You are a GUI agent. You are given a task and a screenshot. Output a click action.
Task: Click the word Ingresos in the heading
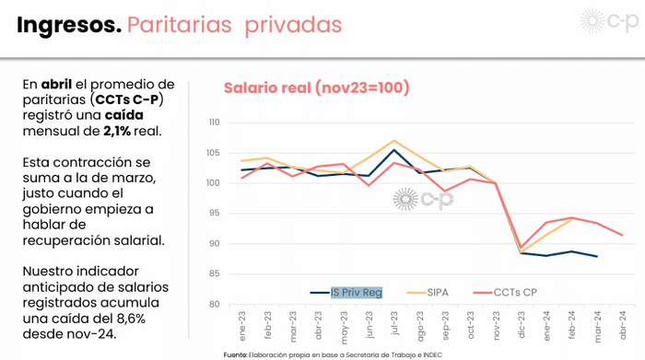(x=69, y=26)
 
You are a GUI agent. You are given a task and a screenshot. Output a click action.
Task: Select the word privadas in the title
(x=293, y=26)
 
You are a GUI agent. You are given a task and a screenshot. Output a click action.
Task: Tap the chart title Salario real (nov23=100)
(x=317, y=87)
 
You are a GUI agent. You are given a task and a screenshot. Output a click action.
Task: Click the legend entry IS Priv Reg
(x=357, y=292)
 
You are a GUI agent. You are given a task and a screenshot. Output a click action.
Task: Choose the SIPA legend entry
(x=438, y=292)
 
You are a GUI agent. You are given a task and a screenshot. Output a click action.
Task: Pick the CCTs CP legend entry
(x=515, y=292)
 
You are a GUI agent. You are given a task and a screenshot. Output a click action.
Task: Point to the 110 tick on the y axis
(x=215, y=122)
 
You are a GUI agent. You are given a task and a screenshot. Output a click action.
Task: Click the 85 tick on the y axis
(x=215, y=273)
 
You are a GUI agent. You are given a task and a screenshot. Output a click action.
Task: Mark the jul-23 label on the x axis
(x=394, y=323)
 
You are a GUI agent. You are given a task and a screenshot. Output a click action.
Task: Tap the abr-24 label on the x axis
(x=622, y=325)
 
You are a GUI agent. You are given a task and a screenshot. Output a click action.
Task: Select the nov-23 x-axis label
(x=496, y=325)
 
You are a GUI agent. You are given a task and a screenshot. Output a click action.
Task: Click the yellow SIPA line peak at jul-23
(x=394, y=141)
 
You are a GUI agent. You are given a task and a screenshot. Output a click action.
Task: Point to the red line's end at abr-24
(x=622, y=235)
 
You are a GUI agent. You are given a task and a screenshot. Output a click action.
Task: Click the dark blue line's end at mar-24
(x=597, y=257)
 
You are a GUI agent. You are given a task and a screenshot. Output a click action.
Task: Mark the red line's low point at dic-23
(x=522, y=247)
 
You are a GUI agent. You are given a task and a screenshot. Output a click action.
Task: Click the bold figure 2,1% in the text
(x=117, y=131)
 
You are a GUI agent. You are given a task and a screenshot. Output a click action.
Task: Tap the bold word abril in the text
(x=56, y=85)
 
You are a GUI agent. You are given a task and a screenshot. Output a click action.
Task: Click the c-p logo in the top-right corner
(x=610, y=20)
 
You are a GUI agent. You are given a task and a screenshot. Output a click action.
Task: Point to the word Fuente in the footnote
(x=235, y=354)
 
